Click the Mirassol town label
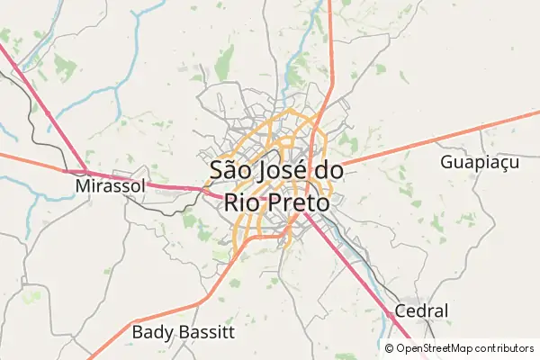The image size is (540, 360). coord(110,186)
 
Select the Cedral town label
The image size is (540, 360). coord(421,311)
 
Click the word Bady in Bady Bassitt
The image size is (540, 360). coord(153,332)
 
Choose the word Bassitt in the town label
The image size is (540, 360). coord(205,332)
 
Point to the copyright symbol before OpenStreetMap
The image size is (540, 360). coord(389,348)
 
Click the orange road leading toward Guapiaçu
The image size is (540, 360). coord(423,141)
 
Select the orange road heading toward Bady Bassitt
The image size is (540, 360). coord(180,307)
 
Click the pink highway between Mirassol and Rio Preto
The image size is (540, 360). coord(171,185)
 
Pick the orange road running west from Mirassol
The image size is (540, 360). coord(31,162)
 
